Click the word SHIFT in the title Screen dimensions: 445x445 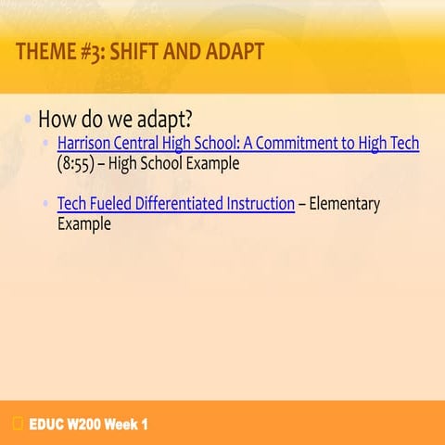(x=135, y=52)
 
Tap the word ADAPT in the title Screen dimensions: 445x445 (x=231, y=52)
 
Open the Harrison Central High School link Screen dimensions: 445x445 (x=237, y=144)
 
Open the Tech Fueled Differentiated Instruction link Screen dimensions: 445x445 (x=175, y=204)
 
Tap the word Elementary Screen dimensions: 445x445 (x=344, y=204)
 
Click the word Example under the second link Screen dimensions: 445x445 (x=84, y=223)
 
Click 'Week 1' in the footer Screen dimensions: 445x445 (x=126, y=425)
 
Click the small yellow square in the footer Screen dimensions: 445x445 (x=18, y=425)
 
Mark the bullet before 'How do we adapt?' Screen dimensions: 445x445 (x=29, y=120)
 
